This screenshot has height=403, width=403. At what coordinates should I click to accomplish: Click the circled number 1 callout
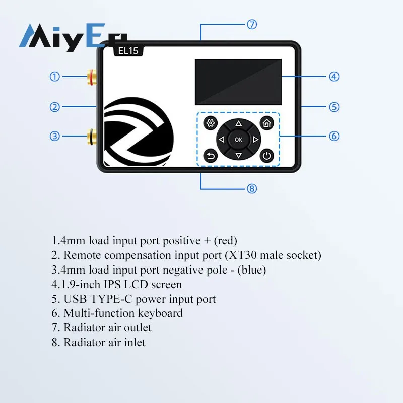(54, 77)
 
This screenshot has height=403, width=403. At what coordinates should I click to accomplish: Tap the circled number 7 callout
(252, 24)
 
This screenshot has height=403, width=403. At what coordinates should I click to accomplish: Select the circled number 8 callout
(252, 189)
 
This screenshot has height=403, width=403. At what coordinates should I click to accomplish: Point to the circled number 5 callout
(334, 107)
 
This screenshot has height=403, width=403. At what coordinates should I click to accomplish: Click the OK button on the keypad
(238, 140)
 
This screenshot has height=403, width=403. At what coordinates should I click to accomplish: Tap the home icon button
(267, 123)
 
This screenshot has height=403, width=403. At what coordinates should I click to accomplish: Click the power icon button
(267, 156)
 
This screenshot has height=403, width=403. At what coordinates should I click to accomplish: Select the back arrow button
(211, 156)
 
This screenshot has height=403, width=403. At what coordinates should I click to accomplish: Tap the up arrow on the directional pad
(238, 124)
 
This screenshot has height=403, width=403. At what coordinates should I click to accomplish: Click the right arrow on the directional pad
(255, 140)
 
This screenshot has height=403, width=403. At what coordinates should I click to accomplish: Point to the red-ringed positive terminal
(92, 77)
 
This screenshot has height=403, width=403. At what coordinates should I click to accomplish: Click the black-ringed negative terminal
(92, 136)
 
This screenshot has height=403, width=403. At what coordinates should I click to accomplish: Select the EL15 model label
(128, 51)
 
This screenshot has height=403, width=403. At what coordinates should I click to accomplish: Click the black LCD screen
(238, 82)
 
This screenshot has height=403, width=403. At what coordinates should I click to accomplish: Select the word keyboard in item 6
(160, 313)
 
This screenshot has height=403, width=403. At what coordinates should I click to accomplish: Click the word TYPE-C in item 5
(111, 299)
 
